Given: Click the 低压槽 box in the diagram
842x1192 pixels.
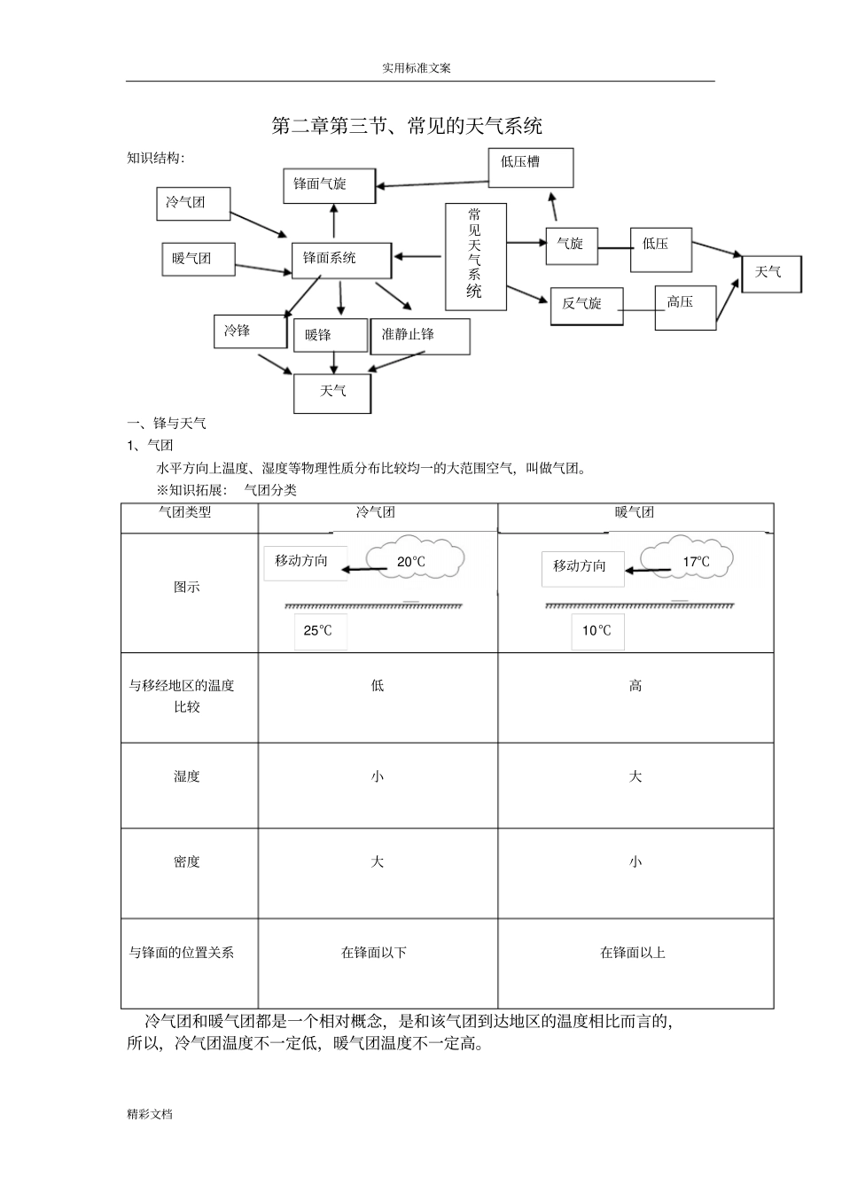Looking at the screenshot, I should coord(531,168).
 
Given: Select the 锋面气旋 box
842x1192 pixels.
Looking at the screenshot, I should coord(329,185).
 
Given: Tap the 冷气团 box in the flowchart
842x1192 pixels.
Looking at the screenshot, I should coord(193,203).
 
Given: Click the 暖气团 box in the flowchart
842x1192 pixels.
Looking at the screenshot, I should coord(199,259).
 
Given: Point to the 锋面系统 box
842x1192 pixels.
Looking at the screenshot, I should coord(341,260).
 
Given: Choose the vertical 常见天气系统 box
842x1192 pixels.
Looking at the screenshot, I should coord(475,256).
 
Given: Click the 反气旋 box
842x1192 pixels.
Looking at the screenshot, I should coord(587,305).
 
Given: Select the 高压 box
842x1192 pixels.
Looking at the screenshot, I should coord(684,307).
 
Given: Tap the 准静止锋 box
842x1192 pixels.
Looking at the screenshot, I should coord(419,336).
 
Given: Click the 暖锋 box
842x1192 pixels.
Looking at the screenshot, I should coord(329,336).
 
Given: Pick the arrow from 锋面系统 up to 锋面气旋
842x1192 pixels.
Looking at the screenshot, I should coord(334,222).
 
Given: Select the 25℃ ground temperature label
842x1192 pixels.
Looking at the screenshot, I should coord(319,631).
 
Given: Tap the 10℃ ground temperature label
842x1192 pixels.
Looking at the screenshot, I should coord(597,631).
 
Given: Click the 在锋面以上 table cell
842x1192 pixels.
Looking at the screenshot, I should coord(634,953).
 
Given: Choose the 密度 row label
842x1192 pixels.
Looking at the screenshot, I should coord(187,861).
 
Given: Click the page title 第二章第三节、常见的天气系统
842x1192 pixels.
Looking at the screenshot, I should coord(406,126).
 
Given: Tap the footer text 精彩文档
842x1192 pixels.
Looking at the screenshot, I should coord(150,1114).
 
